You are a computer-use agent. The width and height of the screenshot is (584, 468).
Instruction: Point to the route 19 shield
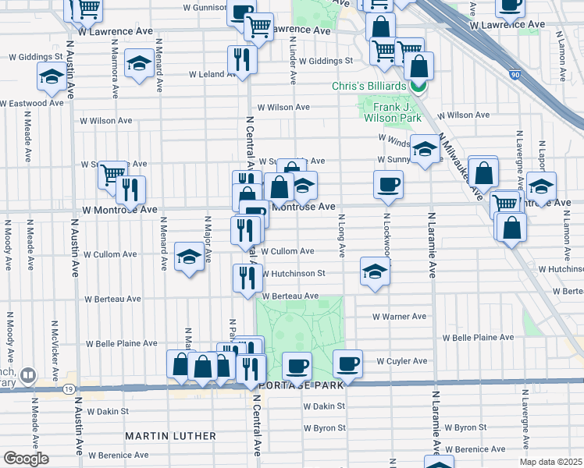(69, 388)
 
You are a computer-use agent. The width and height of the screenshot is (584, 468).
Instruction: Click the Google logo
(26, 459)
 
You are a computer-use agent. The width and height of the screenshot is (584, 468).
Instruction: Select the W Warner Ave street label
(399, 317)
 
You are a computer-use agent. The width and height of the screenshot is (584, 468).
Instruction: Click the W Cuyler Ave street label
(402, 361)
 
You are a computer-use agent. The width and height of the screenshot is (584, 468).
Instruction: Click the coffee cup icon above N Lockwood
(388, 186)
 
